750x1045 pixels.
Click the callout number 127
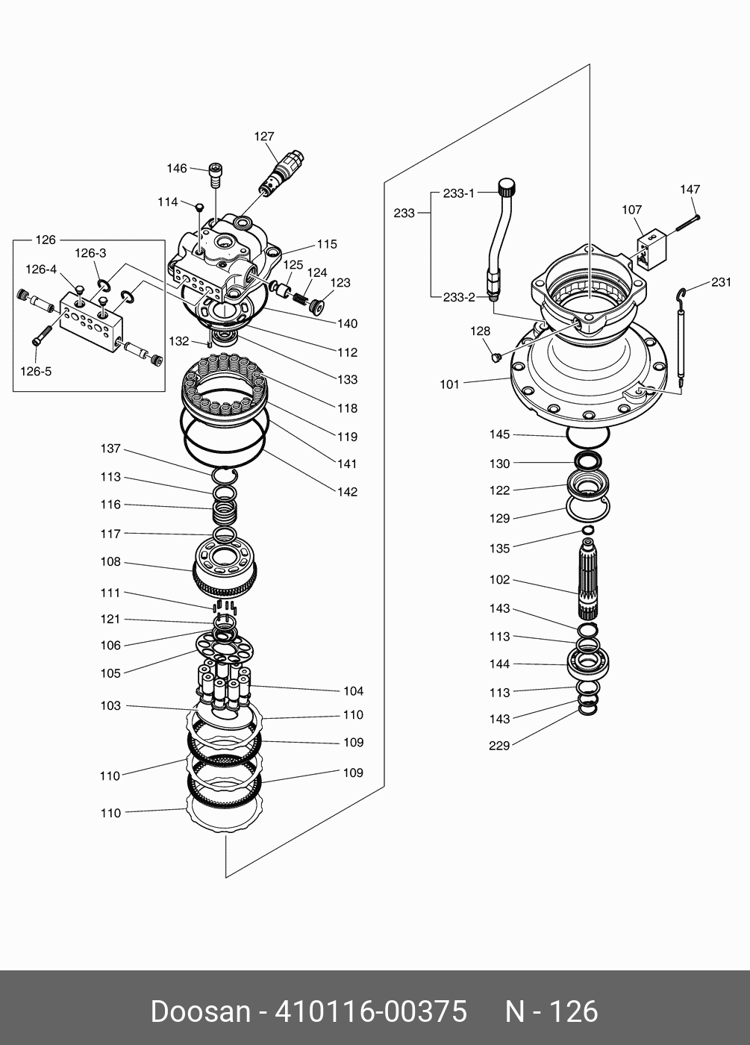click(264, 137)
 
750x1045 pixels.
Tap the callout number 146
click(177, 169)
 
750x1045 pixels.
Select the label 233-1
click(458, 193)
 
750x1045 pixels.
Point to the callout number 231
click(721, 282)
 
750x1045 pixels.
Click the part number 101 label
click(449, 384)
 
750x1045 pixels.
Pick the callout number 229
click(499, 745)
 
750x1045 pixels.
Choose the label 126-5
click(37, 371)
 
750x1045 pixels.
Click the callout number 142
click(347, 492)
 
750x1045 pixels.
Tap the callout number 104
click(353, 691)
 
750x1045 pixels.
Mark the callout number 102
click(499, 579)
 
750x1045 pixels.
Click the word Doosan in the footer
click(200, 1012)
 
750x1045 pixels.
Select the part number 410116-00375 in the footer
click(371, 1012)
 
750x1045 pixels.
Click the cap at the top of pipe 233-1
click(507, 185)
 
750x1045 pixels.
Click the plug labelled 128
click(493, 358)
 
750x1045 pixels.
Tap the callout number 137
click(110, 449)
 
